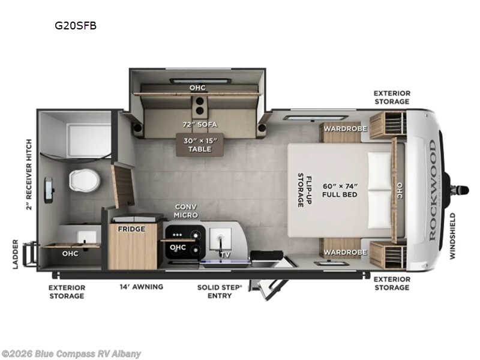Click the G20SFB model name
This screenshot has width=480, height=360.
76,25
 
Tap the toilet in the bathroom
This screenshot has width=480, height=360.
85,179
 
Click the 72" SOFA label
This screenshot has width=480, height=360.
200,125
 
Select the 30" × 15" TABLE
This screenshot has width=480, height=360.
200,145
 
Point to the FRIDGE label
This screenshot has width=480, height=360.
131,229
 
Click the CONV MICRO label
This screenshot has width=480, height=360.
186,211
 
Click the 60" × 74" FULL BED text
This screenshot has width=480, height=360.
340,190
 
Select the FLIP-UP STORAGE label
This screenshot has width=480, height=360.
305,190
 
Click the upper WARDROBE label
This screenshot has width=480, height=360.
346,128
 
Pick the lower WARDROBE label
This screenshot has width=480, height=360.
346,252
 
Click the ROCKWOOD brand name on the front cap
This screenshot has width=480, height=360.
432,190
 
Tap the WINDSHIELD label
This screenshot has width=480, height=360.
453,236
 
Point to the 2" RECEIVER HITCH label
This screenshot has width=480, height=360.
29,175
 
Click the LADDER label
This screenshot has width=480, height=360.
16,254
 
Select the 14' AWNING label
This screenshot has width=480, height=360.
142,287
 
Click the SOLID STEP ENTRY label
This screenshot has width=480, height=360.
220,292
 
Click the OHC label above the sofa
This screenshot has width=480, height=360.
197,88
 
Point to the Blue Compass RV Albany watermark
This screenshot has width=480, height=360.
71,354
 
